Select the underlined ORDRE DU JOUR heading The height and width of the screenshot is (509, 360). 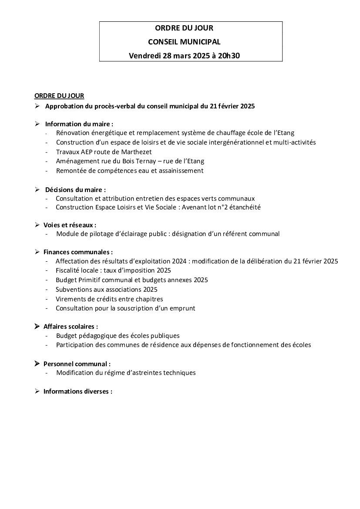coord(59,96)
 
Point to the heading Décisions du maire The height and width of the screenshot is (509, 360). coord(75,189)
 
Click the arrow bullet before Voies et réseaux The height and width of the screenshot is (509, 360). coord(37,225)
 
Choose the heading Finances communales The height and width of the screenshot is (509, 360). coord(78,252)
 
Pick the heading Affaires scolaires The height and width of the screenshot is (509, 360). coord(71,327)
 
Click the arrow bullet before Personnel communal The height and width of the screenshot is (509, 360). coord(37,364)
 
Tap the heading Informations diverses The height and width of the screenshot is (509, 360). coord(77,391)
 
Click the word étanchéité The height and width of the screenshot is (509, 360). coord(246,207)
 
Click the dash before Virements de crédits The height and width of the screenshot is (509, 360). coord(47,299)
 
